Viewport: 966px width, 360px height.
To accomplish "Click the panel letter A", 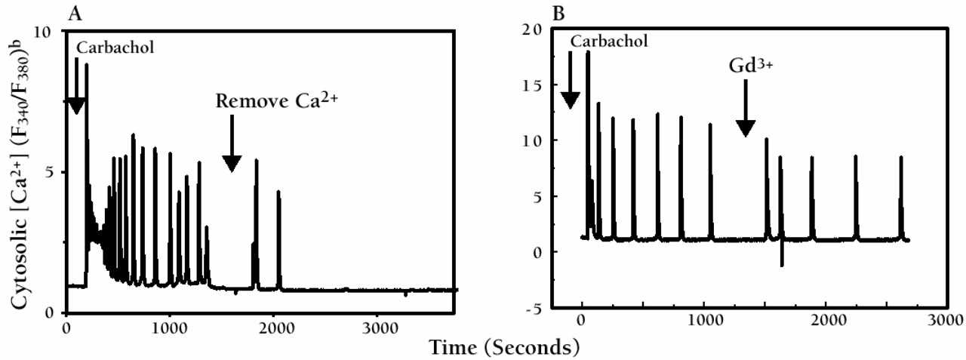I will pos(75,13).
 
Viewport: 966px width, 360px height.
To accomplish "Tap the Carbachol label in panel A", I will pos(115,47).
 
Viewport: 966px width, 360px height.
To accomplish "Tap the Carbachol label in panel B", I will pos(608,41).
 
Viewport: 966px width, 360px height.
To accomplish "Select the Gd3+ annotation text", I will pos(746,66).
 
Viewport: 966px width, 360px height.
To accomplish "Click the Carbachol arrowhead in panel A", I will pos(75,106).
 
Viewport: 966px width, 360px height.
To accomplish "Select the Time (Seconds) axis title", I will pos(505,347).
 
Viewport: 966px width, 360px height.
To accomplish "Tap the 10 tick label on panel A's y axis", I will pos(45,32).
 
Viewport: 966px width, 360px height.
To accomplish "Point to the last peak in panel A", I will pos(278,193).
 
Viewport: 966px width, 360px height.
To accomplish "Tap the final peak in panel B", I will pos(900,158).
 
